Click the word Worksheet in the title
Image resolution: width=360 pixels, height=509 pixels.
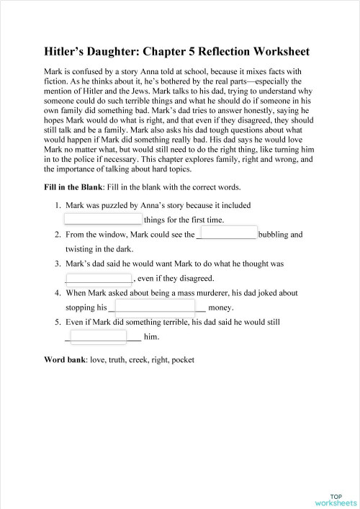(276, 52)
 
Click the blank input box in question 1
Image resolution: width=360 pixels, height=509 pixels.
(103, 219)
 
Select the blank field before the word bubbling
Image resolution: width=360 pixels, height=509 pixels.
(226, 234)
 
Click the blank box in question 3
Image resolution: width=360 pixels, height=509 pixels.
(99, 279)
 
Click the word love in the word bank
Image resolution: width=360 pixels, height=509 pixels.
(97, 359)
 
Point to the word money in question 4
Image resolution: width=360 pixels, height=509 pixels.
(230, 307)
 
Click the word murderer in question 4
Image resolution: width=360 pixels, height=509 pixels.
(212, 293)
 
